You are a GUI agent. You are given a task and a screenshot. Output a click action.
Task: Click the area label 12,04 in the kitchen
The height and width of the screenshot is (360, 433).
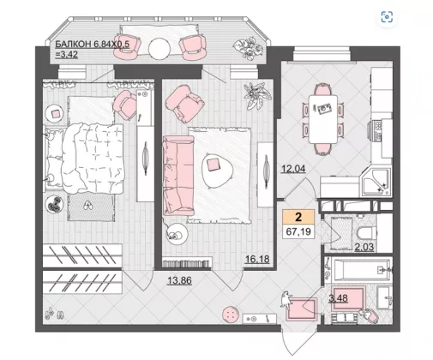[x=293, y=169]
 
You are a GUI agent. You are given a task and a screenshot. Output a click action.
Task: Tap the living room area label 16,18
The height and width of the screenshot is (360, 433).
[x=257, y=259]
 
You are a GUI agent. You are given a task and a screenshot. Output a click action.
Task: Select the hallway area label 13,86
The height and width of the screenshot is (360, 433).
[x=179, y=280]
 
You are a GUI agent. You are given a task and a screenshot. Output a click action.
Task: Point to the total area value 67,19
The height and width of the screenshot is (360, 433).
[x=298, y=231]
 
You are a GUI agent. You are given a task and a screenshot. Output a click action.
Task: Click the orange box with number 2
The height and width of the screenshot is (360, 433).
[x=298, y=217]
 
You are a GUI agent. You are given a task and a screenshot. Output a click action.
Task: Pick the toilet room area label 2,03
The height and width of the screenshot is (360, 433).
[x=364, y=247]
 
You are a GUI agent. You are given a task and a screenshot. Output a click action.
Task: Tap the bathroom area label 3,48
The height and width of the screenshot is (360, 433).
[x=338, y=298]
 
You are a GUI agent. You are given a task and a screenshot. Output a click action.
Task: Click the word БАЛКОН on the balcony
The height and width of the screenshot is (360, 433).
[x=73, y=45]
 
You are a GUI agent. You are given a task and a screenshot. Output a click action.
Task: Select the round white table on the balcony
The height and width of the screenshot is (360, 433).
[x=159, y=48]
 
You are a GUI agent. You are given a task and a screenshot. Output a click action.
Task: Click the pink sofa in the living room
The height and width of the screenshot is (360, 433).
[x=178, y=176]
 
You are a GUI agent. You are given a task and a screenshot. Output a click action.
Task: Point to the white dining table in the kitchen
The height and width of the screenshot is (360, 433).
[x=323, y=119]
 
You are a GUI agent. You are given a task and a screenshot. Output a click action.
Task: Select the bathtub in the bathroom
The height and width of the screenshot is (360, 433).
[x=363, y=270]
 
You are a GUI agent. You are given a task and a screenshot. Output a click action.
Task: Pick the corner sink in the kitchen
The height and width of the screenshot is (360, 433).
[x=376, y=182]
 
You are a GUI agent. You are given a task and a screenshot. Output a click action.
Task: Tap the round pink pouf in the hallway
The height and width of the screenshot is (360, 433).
[x=231, y=315]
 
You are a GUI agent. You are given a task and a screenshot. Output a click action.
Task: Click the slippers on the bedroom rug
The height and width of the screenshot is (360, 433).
[x=87, y=205]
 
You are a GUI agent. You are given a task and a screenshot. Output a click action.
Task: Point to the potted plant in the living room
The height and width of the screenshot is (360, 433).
[x=256, y=95]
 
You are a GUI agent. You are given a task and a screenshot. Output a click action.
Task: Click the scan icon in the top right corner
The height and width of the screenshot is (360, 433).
[x=387, y=17]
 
